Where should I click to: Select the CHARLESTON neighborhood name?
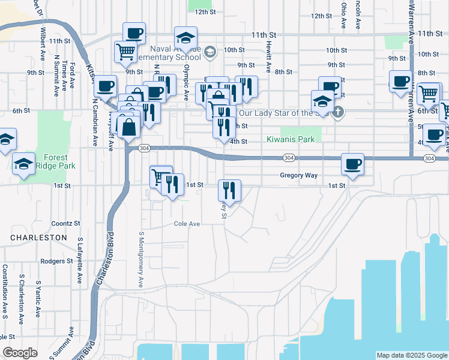38,238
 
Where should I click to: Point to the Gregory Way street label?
298,175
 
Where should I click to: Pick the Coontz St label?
66,223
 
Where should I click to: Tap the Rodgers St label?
56,261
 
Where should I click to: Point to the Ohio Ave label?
343,16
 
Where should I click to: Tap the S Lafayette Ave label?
79,260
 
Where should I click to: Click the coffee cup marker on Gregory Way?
352,164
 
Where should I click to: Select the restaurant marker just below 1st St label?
229,190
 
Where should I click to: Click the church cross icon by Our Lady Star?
339,111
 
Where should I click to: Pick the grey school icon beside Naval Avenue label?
209,52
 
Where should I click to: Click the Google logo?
20,352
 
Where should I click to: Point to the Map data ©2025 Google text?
412,355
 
